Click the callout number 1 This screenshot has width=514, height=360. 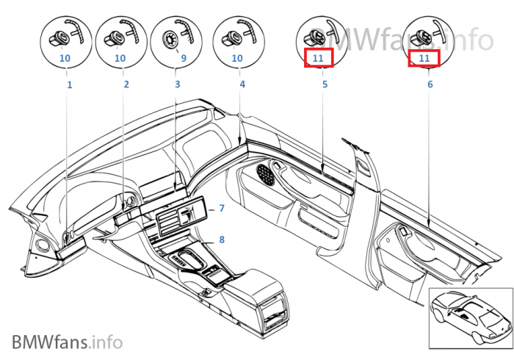[70, 85]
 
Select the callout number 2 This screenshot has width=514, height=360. [126, 84]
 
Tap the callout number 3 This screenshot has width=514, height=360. [178, 84]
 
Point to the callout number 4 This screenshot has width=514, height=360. [242, 84]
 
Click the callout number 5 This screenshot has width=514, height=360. [325, 84]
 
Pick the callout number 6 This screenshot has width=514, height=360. [430, 84]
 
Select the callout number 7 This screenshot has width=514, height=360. [222, 208]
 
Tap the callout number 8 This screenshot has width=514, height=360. [222, 240]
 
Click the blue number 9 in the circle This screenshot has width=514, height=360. [184, 58]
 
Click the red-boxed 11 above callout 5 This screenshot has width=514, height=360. [318, 58]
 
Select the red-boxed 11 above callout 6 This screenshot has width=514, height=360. [424, 58]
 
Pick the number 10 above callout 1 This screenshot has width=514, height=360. [65, 58]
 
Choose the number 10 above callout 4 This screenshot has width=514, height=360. [237, 58]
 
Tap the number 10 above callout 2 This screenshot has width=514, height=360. [120, 58]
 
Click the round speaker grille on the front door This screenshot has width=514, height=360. [266, 174]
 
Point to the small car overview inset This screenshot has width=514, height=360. [471, 318]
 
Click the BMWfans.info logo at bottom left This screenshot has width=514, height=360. [68, 342]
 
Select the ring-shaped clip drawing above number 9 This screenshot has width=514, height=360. [170, 40]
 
